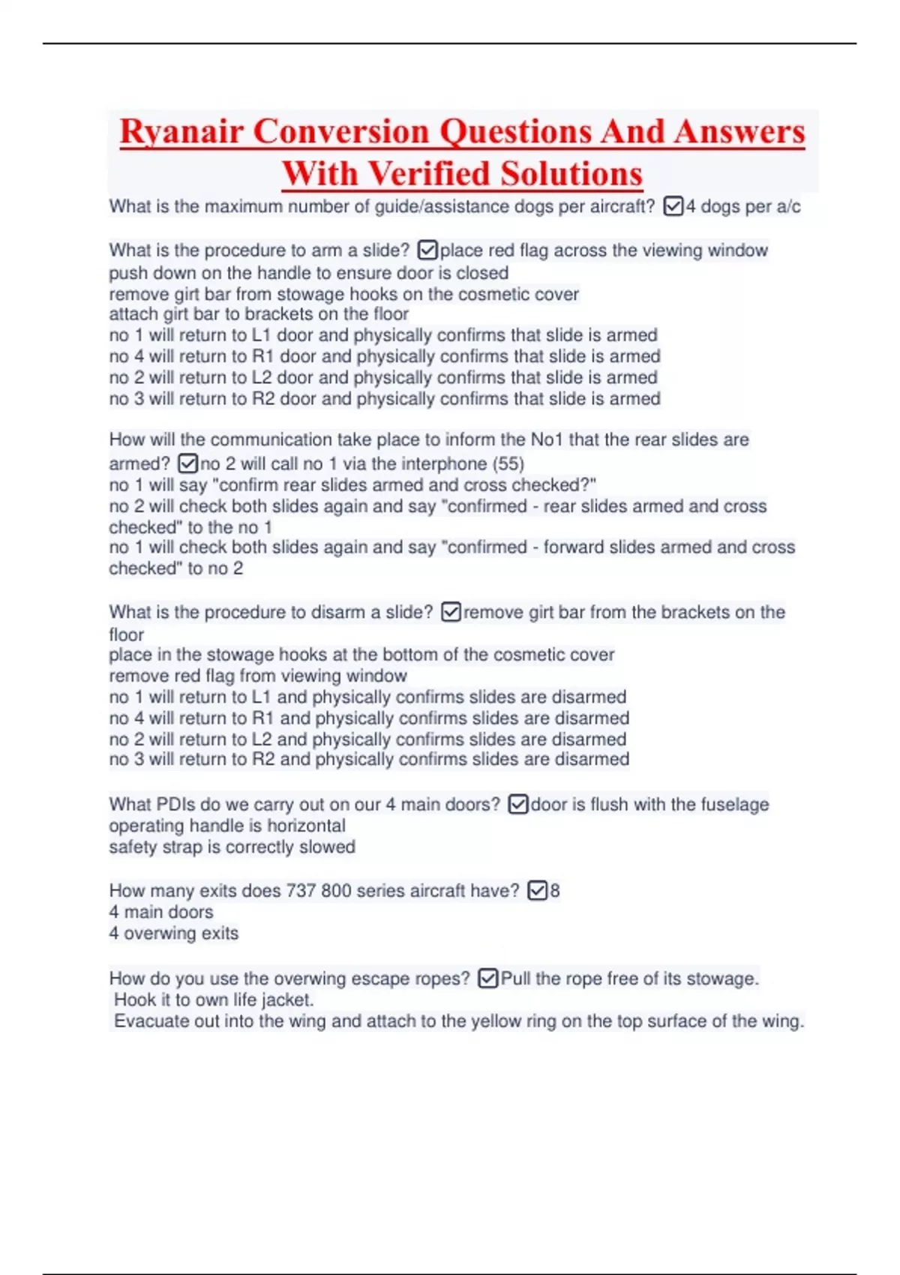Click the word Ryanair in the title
(x=181, y=132)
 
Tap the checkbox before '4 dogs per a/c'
(x=673, y=206)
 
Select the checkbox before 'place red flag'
(x=427, y=250)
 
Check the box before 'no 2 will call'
(x=187, y=463)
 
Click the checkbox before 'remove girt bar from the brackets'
(x=450, y=612)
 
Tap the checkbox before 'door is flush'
(x=517, y=804)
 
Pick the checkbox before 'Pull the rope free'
(x=487, y=978)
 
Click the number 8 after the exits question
(x=555, y=891)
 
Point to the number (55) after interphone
(x=510, y=463)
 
